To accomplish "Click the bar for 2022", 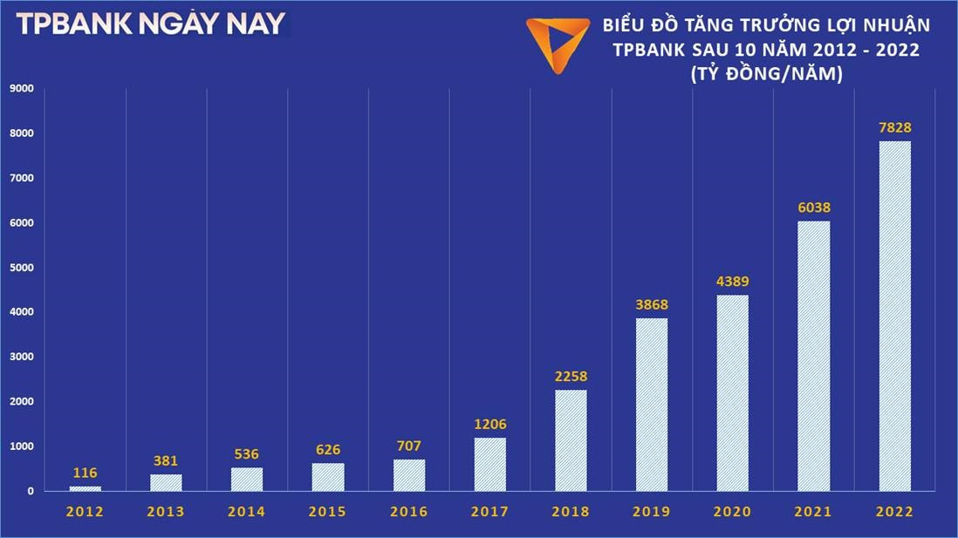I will [x=894, y=316].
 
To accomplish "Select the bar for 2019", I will [x=652, y=405].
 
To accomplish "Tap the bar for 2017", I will [x=490, y=464].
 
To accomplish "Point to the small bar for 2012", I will [x=86, y=488].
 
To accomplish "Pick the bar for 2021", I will [x=814, y=356].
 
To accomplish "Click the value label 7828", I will [x=894, y=128].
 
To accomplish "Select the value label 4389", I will [x=733, y=282].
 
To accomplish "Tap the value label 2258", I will [x=571, y=377].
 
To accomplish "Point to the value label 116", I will [x=86, y=473].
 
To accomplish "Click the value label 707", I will [x=409, y=446].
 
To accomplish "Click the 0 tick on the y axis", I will [x=30, y=491].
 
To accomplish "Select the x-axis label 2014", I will [x=247, y=513].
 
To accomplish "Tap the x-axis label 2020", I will [x=733, y=513].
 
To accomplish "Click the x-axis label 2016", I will [x=409, y=513].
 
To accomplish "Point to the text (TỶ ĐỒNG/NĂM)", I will [x=765, y=75].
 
